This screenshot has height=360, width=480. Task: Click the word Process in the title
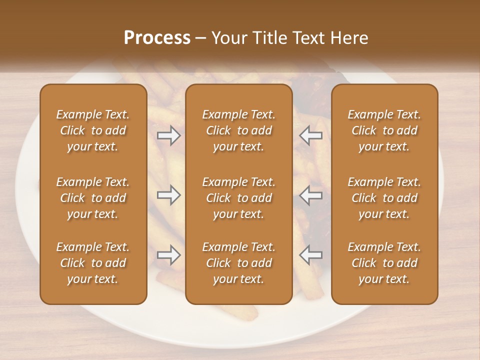tap(157, 38)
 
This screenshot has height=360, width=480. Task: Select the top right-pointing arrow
tap(168, 135)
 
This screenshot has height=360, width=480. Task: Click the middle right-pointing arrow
tap(168, 195)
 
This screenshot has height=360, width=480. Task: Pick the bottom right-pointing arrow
tap(168, 255)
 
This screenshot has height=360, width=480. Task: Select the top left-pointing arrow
tap(310, 135)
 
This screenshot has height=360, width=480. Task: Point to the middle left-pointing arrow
tap(310, 195)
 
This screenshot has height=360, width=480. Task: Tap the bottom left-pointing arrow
tap(310, 255)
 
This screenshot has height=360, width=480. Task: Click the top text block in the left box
tap(93, 130)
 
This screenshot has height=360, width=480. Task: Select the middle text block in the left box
tap(93, 198)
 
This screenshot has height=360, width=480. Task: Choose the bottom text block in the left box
tap(93, 263)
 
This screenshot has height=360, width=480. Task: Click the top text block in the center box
tap(239, 130)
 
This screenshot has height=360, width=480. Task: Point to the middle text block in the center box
tap(239, 198)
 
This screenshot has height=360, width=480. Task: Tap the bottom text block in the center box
tap(239, 263)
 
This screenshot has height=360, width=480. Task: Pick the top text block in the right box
tap(384, 130)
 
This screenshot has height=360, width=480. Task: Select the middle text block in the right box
tap(384, 198)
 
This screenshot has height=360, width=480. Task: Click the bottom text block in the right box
tap(384, 263)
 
